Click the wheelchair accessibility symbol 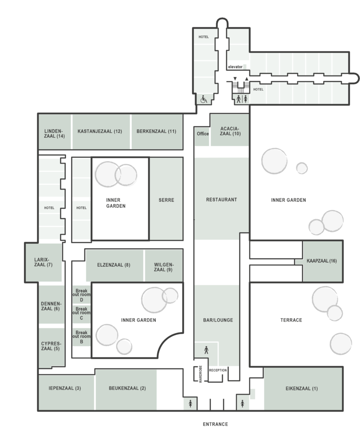[x=204, y=99]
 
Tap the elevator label [x=235, y=67]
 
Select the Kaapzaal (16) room [x=322, y=261]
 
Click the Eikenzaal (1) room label [x=301, y=388]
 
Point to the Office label [x=203, y=134]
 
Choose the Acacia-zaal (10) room [x=229, y=130]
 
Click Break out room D [x=81, y=295]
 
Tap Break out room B [x=81, y=337]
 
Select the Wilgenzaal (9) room [x=164, y=265]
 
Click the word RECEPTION [x=218, y=370]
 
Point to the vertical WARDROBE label [x=201, y=374]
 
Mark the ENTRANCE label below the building [x=215, y=424]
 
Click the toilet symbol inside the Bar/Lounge [x=207, y=350]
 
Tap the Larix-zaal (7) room [x=44, y=262]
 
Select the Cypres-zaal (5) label [x=51, y=346]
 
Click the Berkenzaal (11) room [x=157, y=131]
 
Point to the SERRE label [x=166, y=200]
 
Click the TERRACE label [x=291, y=320]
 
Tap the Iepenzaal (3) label [x=65, y=388]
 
